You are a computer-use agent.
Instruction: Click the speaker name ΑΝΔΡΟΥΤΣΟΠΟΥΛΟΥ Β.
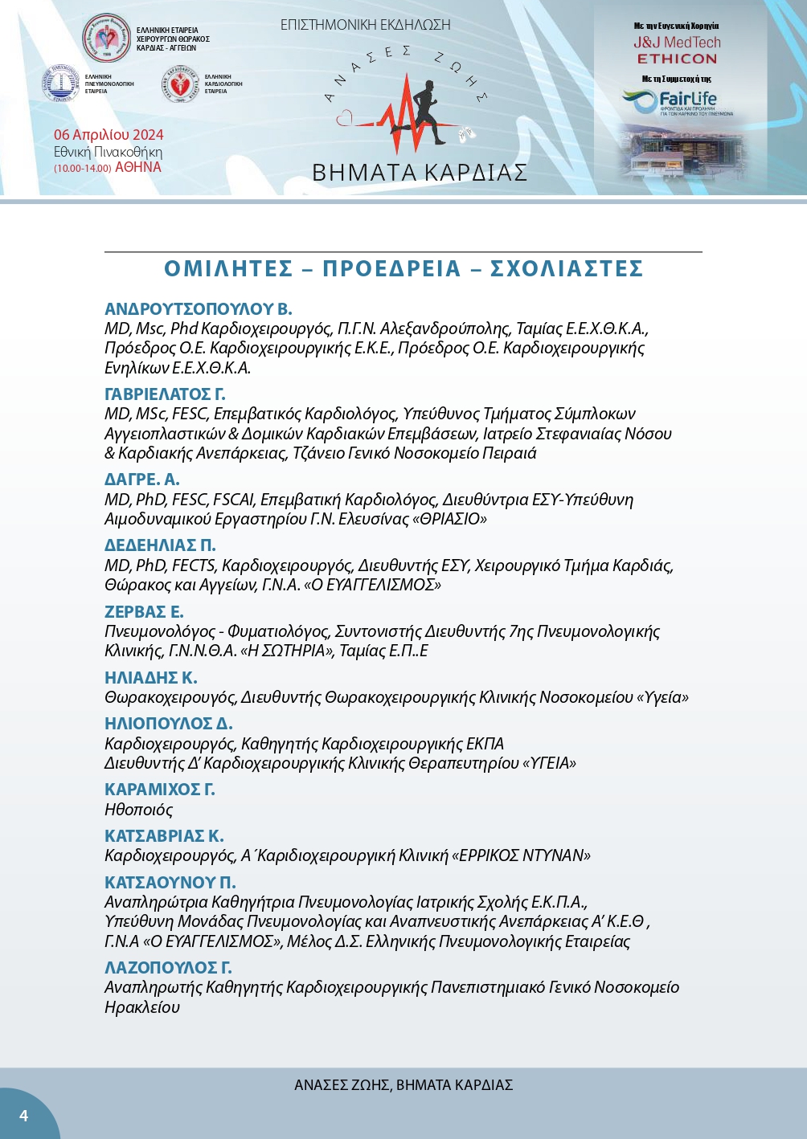(199, 309)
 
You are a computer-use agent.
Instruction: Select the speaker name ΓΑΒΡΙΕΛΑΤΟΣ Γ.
(165, 394)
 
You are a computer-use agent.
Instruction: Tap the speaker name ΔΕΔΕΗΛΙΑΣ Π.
(160, 545)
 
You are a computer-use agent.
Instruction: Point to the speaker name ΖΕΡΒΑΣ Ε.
(144, 612)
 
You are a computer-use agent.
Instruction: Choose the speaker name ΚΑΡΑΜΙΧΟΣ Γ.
(160, 790)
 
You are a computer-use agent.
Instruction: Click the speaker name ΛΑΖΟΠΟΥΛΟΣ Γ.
(168, 968)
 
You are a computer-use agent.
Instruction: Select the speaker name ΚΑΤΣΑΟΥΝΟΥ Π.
(170, 883)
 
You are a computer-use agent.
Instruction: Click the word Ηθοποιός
(138, 810)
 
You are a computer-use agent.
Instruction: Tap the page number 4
(23, 1116)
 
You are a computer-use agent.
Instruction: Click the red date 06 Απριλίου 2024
(109, 135)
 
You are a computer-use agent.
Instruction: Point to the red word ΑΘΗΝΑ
(138, 167)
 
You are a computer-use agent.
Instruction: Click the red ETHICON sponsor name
(677, 59)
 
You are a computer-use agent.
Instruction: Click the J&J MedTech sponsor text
(677, 43)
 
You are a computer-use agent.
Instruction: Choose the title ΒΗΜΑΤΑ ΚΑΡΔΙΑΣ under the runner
(420, 173)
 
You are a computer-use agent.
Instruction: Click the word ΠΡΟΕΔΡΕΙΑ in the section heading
(391, 269)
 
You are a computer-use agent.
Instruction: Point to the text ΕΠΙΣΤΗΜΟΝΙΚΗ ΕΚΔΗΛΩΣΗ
(365, 25)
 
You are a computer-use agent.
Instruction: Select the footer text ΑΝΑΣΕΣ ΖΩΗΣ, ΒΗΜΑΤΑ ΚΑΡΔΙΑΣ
(403, 1085)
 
